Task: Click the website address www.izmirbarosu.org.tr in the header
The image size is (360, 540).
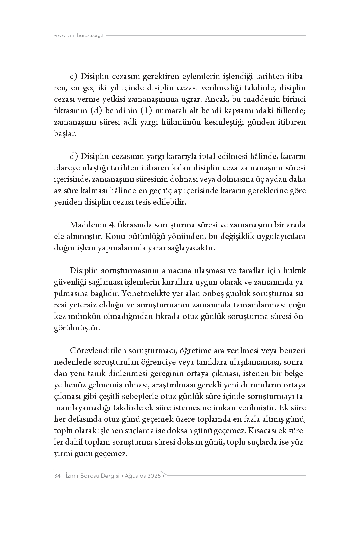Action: click(80, 35)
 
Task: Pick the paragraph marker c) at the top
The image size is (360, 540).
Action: click(74, 77)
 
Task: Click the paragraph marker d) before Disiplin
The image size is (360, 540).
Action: click(74, 157)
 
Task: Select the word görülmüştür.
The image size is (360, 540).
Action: click(77, 328)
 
